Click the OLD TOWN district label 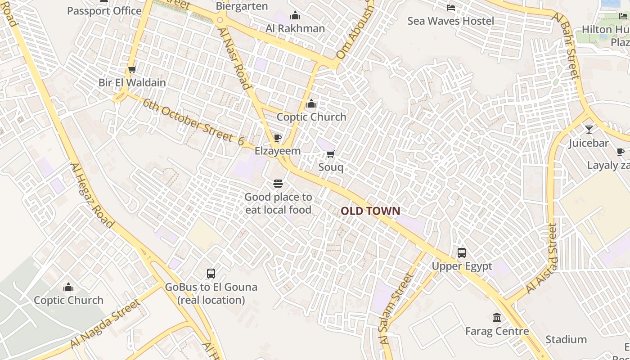tap(370, 211)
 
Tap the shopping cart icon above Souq tap(331, 154)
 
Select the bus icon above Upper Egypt tap(462, 253)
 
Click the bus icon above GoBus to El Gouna tap(211, 273)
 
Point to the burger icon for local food tap(278, 184)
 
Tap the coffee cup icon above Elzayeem tap(278, 138)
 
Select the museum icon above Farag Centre tap(497, 318)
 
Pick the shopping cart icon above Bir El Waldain tap(132, 69)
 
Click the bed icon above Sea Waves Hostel tap(450, 8)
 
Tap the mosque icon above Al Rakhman tap(295, 16)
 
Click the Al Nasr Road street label tap(234, 58)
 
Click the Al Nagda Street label tap(105, 324)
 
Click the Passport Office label tap(104, 11)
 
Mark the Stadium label tap(566, 339)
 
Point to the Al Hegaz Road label tap(92, 195)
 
